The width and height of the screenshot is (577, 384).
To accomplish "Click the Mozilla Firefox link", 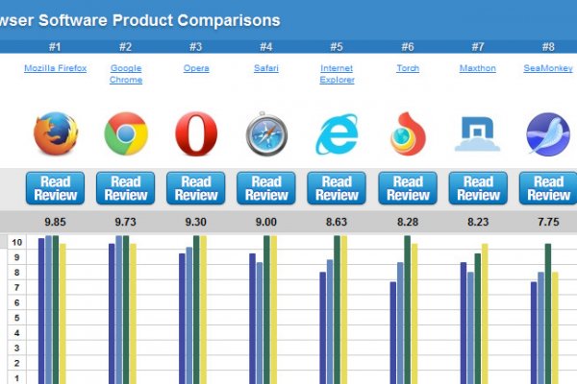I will pos(56,68).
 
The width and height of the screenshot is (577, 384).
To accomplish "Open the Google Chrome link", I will pos(126,74).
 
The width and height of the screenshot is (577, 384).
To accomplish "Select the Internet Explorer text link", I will pos(337,74).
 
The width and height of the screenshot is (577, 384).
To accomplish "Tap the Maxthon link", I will pos(478,68).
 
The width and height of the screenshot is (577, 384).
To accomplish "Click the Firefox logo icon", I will pos(56,133).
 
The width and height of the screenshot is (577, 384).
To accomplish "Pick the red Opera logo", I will pos(196,133).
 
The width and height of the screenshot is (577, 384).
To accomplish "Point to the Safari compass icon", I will pos(266,134).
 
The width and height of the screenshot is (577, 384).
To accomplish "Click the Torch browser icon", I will pos(408,134).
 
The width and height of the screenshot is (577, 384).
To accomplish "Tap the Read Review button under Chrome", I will pos(126,188).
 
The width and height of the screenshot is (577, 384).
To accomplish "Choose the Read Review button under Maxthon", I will pos(478,188).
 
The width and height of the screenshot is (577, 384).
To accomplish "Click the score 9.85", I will pos(56,222).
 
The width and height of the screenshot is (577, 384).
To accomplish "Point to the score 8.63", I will pos(337,222).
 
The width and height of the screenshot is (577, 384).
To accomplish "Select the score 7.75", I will pos(548,222).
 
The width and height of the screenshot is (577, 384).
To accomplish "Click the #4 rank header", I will pos(266,46).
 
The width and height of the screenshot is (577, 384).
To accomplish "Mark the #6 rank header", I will pos(408,46).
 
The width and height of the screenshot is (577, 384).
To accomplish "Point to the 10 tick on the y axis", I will pos(17,242).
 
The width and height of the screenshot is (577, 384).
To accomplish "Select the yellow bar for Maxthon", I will pos(485,312).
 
